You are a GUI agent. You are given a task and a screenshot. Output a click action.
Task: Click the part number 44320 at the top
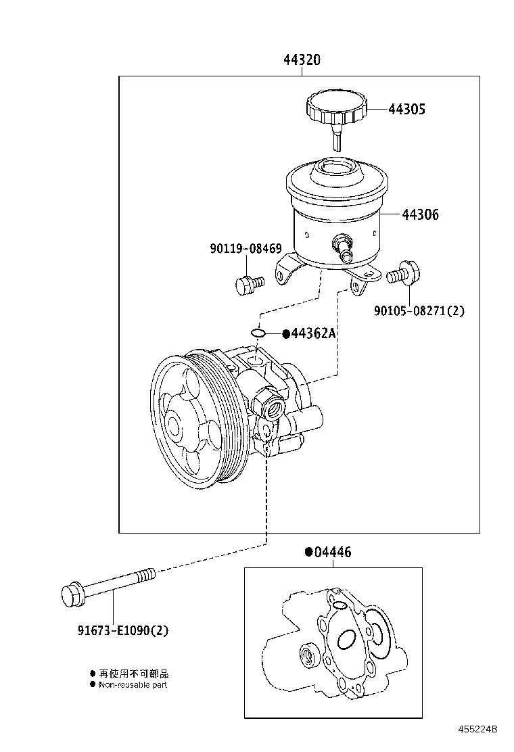coord(302,60)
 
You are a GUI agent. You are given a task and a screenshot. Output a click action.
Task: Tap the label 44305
coord(406,110)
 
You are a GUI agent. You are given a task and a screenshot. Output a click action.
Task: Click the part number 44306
coord(420,214)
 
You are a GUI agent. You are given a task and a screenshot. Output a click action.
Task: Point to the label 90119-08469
coord(246,249)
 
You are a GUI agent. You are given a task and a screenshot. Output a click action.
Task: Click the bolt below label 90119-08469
coord(250,284)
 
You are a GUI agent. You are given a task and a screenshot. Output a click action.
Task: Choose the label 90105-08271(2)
coord(419,311)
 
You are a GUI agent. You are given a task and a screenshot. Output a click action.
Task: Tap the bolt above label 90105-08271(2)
coord(403,273)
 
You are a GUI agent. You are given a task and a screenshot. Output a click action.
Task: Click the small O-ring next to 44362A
coord(258,333)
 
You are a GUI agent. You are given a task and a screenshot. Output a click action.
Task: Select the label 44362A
coord(309,333)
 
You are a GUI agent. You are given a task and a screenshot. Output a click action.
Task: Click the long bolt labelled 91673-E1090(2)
coord(108,586)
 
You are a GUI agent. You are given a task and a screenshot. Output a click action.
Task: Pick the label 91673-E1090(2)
coord(123,630)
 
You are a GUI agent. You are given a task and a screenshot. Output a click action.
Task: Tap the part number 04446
coord(329,552)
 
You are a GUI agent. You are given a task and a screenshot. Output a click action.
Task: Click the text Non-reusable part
coord(133,685)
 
